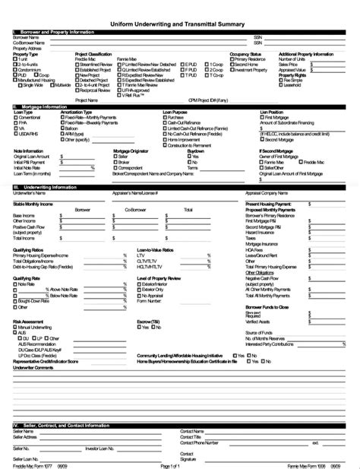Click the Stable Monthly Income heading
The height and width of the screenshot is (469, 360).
pyautogui.click(x=36, y=204)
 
